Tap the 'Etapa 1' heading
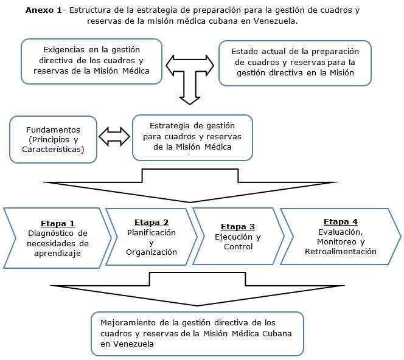[x=58, y=223]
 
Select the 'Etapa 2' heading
[x=151, y=222]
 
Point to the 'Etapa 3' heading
[x=237, y=227]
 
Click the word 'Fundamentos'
[x=53, y=130]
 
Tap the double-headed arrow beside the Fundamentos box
[x=115, y=137]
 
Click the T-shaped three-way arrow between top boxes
[x=189, y=73]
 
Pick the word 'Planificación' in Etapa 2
[x=151, y=232]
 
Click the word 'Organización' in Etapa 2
[x=151, y=252]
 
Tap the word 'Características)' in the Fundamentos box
[x=53, y=149]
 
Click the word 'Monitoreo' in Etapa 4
[x=335, y=241]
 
